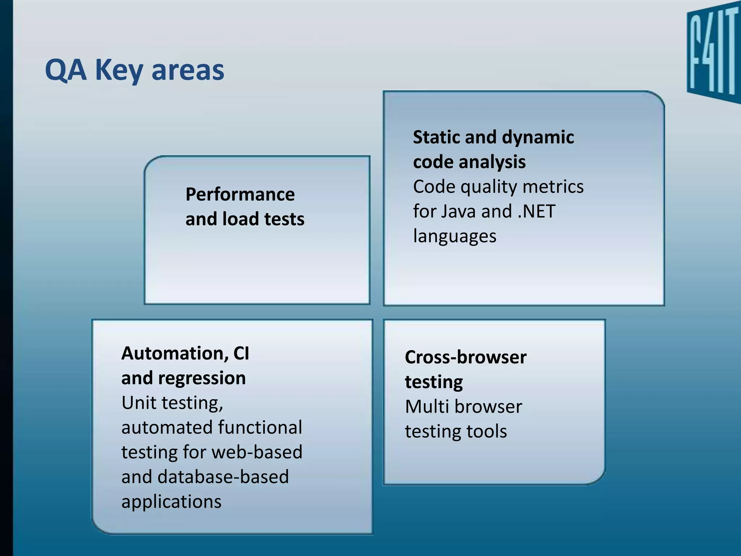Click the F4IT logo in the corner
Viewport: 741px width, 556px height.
pos(713,54)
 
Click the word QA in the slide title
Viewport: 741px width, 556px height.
pos(66,70)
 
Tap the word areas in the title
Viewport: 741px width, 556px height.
pos(188,70)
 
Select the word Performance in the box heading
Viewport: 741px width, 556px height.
pos(240,194)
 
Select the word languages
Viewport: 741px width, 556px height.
pos(454,236)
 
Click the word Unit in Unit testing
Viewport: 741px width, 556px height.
pos(138,403)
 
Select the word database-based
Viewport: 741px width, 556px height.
pos(223,477)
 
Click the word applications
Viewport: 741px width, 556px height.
pos(171,502)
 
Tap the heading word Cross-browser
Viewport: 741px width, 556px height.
pos(465,357)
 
